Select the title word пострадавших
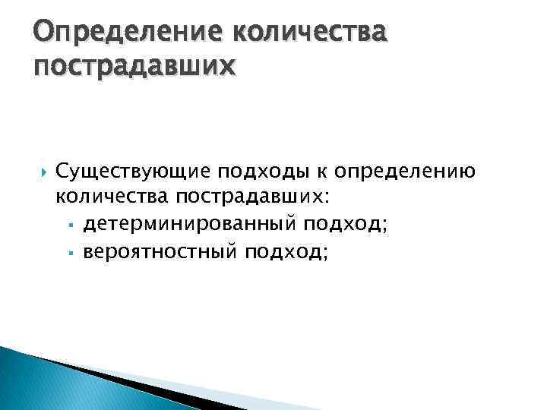pos(134,68)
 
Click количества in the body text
pos(112,197)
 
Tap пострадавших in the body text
pos(248,197)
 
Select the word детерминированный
pos(191,224)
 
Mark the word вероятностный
pos(160,251)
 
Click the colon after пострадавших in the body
pos(327,199)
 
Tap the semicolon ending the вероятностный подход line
pos(327,253)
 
